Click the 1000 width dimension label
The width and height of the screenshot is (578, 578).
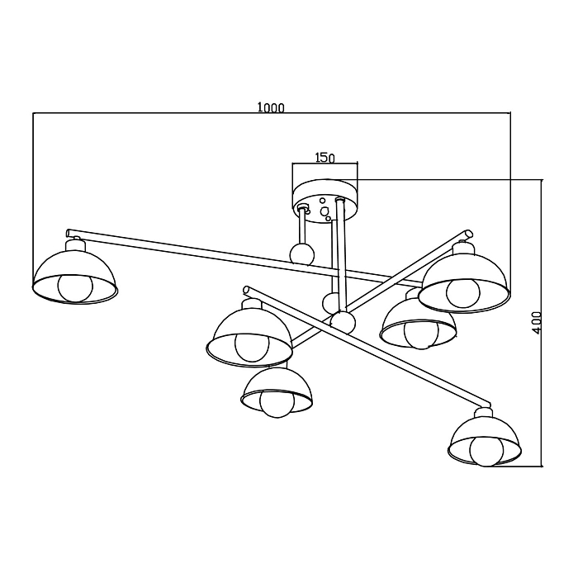(x=271, y=107)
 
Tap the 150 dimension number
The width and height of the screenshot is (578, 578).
(x=325, y=158)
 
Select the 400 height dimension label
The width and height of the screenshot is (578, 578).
(x=537, y=323)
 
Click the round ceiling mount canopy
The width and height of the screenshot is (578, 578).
(x=325, y=201)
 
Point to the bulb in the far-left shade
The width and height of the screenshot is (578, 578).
(x=76, y=288)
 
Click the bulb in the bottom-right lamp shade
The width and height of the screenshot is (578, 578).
(x=487, y=452)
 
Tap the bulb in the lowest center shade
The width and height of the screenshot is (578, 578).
(x=277, y=403)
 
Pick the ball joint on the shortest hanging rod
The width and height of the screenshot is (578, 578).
(x=302, y=254)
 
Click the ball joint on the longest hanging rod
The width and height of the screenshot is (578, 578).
(x=343, y=321)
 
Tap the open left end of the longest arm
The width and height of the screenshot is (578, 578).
(x=69, y=233)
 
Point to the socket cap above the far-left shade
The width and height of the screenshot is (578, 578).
(x=75, y=244)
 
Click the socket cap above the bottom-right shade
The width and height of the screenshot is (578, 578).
(x=483, y=412)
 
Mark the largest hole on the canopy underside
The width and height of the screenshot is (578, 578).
(x=324, y=211)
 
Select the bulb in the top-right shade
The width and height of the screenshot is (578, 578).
(x=463, y=292)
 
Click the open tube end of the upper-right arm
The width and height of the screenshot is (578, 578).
(x=468, y=234)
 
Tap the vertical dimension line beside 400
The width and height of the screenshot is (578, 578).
(x=542, y=323)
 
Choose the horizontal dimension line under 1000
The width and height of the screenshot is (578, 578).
(x=272, y=112)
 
